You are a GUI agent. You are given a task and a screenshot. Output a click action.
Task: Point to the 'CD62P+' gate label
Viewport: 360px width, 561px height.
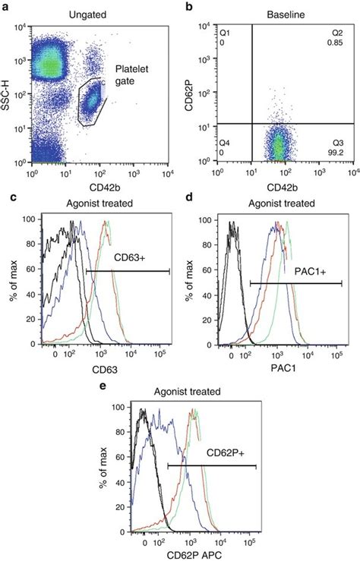click(x=223, y=451)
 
